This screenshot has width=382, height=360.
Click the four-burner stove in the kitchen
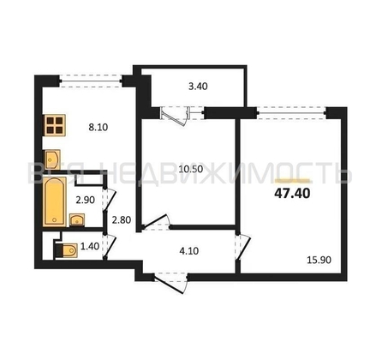(56, 125)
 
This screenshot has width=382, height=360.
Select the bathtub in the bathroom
(55, 200)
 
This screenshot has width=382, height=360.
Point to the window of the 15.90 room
(291, 108)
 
